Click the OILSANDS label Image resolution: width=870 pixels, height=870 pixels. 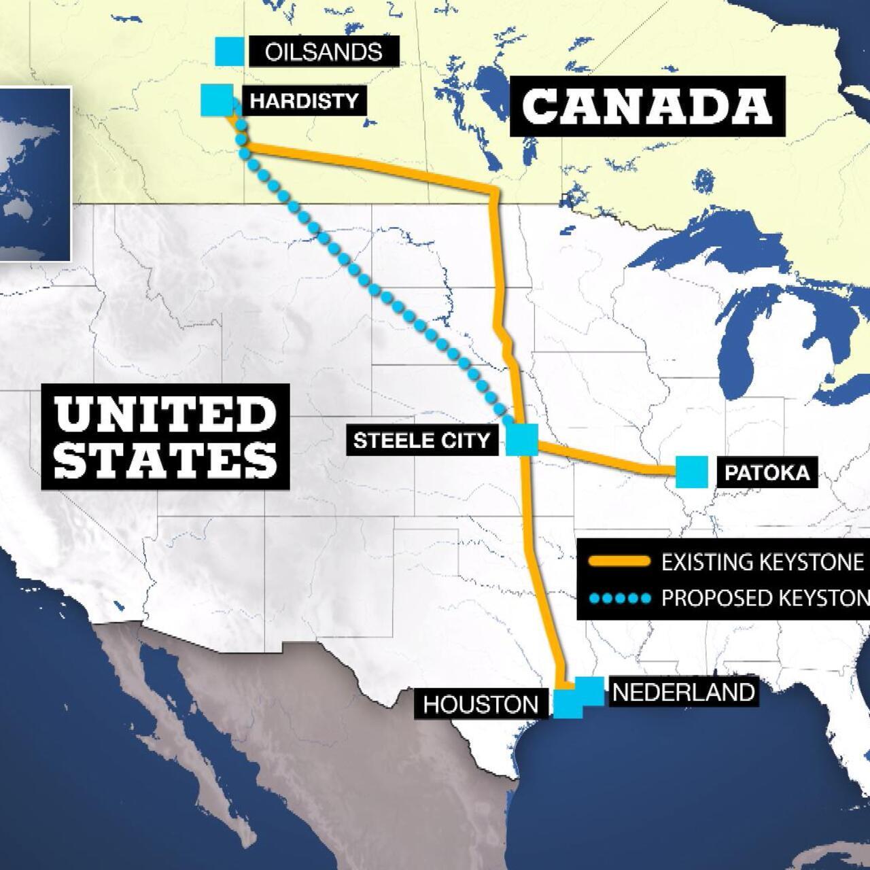click(323, 52)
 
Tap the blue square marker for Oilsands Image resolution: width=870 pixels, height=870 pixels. click(230, 52)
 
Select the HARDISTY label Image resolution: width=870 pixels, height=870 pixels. click(304, 101)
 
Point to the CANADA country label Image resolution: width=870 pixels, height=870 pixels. click(647, 106)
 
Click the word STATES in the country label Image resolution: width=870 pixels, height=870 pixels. click(165, 460)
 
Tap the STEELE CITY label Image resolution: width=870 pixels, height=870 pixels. click(421, 440)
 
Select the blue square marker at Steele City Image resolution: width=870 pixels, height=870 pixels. click(522, 439)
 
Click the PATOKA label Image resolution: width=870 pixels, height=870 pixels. click(767, 473)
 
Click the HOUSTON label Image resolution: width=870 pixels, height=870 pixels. click(481, 704)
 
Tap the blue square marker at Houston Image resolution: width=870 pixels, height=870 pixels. click(568, 703)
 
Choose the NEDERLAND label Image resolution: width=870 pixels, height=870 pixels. click(684, 692)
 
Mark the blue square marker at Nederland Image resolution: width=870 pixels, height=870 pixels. click(589, 691)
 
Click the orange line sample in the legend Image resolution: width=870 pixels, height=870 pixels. click(619, 562)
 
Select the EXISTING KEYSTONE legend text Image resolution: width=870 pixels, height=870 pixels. click(762, 562)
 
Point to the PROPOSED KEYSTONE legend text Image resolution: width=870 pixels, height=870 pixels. click(765, 598)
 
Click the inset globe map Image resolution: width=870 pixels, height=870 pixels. click(34, 174)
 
